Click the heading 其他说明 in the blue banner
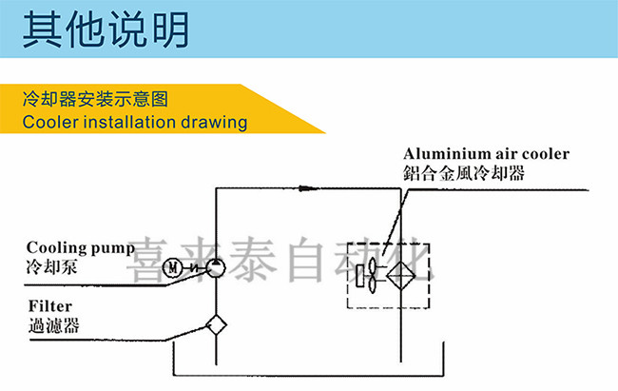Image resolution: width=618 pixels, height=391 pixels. point(106,29)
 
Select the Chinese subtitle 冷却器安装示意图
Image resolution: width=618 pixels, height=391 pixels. point(95,99)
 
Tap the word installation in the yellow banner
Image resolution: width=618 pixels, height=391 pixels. point(129,122)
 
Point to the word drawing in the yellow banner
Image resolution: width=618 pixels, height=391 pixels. point(214,123)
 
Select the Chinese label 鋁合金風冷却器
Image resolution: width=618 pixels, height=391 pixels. point(464,173)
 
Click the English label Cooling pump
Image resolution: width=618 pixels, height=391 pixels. point(81,248)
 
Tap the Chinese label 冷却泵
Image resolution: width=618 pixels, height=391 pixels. point(51,267)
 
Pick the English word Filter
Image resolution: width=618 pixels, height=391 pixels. point(50,306)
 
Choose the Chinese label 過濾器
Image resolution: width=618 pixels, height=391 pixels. point(54,325)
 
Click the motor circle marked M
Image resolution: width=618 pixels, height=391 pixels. point(173,268)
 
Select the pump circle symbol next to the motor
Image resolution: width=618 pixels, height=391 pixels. point(216,268)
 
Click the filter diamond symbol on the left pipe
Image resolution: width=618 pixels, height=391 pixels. point(216,325)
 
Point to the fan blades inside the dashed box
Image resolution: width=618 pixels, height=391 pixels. point(372,275)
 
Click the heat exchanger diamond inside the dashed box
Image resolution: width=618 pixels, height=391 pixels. point(401,275)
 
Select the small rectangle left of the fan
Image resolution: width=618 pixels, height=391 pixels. point(359,276)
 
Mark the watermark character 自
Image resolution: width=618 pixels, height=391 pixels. point(306,259)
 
